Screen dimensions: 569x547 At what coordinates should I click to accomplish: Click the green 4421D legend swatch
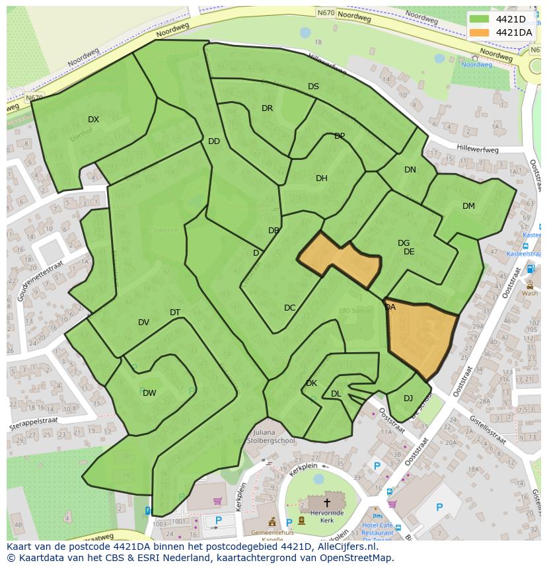[x=480, y=19]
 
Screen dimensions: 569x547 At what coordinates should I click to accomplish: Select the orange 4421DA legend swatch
[x=480, y=32]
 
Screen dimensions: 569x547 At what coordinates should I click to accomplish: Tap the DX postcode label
[x=93, y=120]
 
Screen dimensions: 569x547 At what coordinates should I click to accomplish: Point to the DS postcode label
[x=313, y=87]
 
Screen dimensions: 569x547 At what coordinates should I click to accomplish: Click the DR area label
[x=267, y=108]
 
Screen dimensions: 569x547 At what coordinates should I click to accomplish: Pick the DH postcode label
[x=321, y=178]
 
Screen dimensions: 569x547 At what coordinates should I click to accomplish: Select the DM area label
[x=468, y=206]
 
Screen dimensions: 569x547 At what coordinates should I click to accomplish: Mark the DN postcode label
[x=410, y=170]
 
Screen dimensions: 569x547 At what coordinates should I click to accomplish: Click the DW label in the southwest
[x=149, y=393]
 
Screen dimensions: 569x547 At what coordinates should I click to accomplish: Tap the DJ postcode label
[x=408, y=398]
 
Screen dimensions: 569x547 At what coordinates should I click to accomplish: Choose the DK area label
[x=311, y=383]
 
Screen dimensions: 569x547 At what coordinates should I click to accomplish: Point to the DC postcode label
[x=289, y=308]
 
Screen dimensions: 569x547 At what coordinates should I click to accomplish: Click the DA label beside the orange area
[x=390, y=307]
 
